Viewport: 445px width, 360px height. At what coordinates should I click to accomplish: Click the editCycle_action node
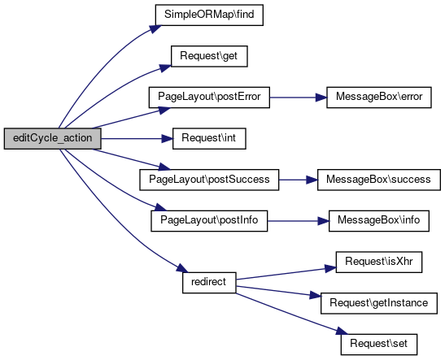53,138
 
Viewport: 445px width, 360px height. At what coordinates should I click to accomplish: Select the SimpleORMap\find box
209,15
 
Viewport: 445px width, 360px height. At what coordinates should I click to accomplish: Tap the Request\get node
209,56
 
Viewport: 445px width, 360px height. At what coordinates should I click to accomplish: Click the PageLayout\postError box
209,98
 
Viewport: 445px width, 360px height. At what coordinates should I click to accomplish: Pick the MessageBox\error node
379,98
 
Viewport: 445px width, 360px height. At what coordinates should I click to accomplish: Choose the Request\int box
209,138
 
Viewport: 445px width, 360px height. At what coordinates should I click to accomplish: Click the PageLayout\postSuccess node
209,180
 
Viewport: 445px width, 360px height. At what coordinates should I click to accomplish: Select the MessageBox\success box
379,180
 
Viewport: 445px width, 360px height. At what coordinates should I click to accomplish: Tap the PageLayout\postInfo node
209,221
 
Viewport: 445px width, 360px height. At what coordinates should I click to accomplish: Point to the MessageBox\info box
379,221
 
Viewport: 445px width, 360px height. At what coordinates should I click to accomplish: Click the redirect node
209,283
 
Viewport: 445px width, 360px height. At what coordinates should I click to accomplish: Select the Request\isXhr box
379,262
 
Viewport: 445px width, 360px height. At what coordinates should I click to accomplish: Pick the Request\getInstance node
379,303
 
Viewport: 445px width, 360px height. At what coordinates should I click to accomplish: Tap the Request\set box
379,345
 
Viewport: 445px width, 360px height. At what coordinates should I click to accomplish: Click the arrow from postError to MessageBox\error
298,98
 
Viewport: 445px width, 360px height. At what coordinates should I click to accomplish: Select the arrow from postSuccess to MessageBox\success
298,180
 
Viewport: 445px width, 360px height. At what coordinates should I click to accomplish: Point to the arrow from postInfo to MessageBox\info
298,221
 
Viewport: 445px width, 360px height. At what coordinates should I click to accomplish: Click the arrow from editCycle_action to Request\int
137,139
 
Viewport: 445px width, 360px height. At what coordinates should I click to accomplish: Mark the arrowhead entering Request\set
342,331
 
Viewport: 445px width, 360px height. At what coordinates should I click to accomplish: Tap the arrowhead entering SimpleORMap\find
155,29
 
